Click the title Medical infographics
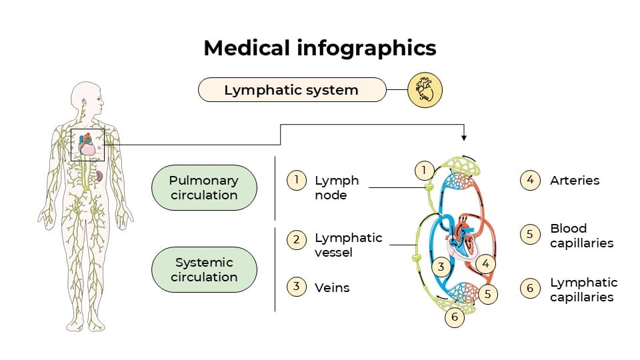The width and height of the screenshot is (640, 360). coord(320,48)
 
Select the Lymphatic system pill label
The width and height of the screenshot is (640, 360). coord(291,90)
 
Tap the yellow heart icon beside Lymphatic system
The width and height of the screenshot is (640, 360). coord(425,89)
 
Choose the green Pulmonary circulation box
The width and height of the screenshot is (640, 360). coord(204,188)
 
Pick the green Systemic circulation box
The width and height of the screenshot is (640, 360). coord(204,270)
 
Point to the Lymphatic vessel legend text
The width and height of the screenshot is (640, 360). coord(348,245)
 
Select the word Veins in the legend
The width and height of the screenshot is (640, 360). coord(332,287)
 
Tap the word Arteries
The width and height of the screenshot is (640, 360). coord(574,180)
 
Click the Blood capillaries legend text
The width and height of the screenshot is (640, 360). coord(581,236)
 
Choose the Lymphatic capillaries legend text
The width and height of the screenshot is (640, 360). coord(583,290)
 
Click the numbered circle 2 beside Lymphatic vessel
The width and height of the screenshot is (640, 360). coord(297,239)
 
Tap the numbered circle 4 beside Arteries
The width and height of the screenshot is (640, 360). coord(530,181)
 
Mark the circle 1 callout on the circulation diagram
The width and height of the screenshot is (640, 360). coord(423,171)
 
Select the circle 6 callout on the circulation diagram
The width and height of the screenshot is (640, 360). coord(455,317)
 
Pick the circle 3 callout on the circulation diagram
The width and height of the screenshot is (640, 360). coord(441,267)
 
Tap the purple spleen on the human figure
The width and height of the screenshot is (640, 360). coord(99,176)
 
